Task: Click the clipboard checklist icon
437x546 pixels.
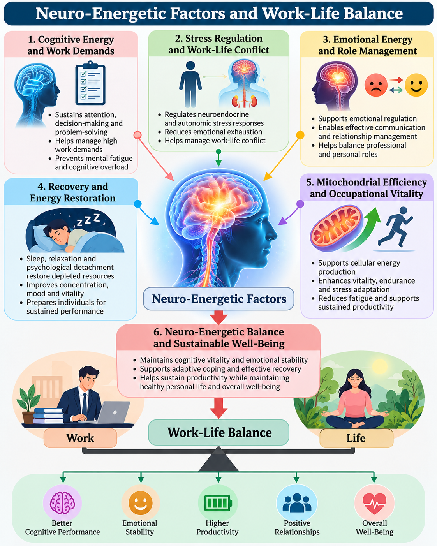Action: coord(90,83)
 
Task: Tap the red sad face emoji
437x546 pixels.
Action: coord(375,85)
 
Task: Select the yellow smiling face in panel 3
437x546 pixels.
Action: coord(416,85)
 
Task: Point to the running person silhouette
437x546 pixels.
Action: coord(395,227)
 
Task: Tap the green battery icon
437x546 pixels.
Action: coord(218,503)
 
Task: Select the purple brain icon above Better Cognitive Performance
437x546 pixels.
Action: coord(62,503)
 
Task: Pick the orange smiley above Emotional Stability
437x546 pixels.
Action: coord(140,503)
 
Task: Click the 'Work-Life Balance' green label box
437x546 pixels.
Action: coord(218,433)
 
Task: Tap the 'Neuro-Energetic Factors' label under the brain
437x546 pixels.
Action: coord(219,299)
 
